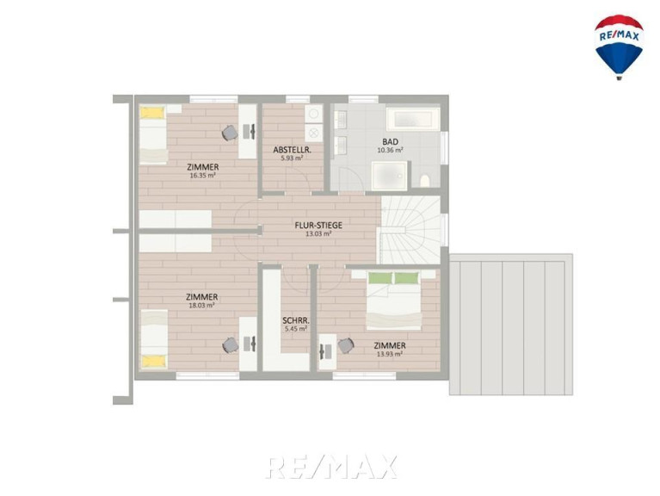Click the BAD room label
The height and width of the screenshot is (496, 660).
tap(390, 142)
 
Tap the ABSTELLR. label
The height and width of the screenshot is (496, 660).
tap(292, 150)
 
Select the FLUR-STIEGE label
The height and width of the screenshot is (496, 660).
tap(318, 226)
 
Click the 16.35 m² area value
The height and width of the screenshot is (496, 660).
tap(203, 176)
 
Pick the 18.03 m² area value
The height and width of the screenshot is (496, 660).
tap(202, 305)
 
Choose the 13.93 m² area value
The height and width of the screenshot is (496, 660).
tap(390, 354)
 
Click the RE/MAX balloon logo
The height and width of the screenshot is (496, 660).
tap(619, 46)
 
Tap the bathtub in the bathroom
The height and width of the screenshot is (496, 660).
tap(414, 119)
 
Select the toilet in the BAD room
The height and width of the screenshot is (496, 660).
tap(425, 180)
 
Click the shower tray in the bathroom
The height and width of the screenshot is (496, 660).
tap(390, 175)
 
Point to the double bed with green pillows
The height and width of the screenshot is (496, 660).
tap(393, 301)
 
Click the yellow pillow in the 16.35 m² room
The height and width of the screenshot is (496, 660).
tap(152, 113)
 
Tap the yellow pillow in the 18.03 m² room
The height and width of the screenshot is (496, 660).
tap(153, 362)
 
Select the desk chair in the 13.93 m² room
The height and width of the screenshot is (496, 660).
tap(346, 346)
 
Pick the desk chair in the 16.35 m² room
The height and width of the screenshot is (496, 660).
tap(231, 133)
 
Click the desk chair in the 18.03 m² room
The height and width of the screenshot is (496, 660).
tap(231, 345)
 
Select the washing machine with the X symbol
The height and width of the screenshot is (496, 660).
tap(313, 133)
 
